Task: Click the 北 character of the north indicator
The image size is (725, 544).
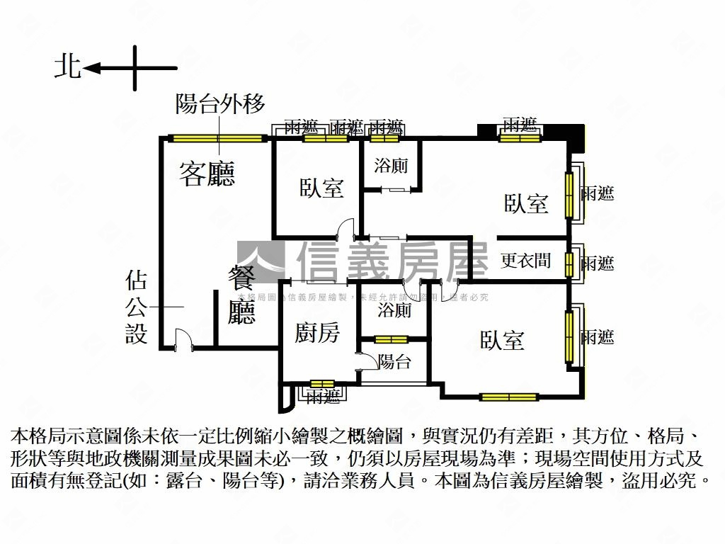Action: (68, 67)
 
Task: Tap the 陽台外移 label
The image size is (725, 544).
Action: (220, 105)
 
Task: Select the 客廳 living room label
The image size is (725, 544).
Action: (207, 174)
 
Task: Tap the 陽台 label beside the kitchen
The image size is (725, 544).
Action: (394, 362)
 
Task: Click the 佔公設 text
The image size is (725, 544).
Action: (136, 307)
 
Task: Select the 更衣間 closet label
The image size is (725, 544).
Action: (525, 261)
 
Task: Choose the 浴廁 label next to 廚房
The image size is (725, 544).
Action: (394, 310)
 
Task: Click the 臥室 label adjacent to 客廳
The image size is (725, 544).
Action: (321, 188)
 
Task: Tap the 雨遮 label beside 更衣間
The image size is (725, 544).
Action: (597, 263)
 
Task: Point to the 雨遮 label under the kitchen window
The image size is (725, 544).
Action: (323, 397)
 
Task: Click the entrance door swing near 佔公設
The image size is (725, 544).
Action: (183, 338)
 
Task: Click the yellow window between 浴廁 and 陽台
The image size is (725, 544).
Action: (391, 339)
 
